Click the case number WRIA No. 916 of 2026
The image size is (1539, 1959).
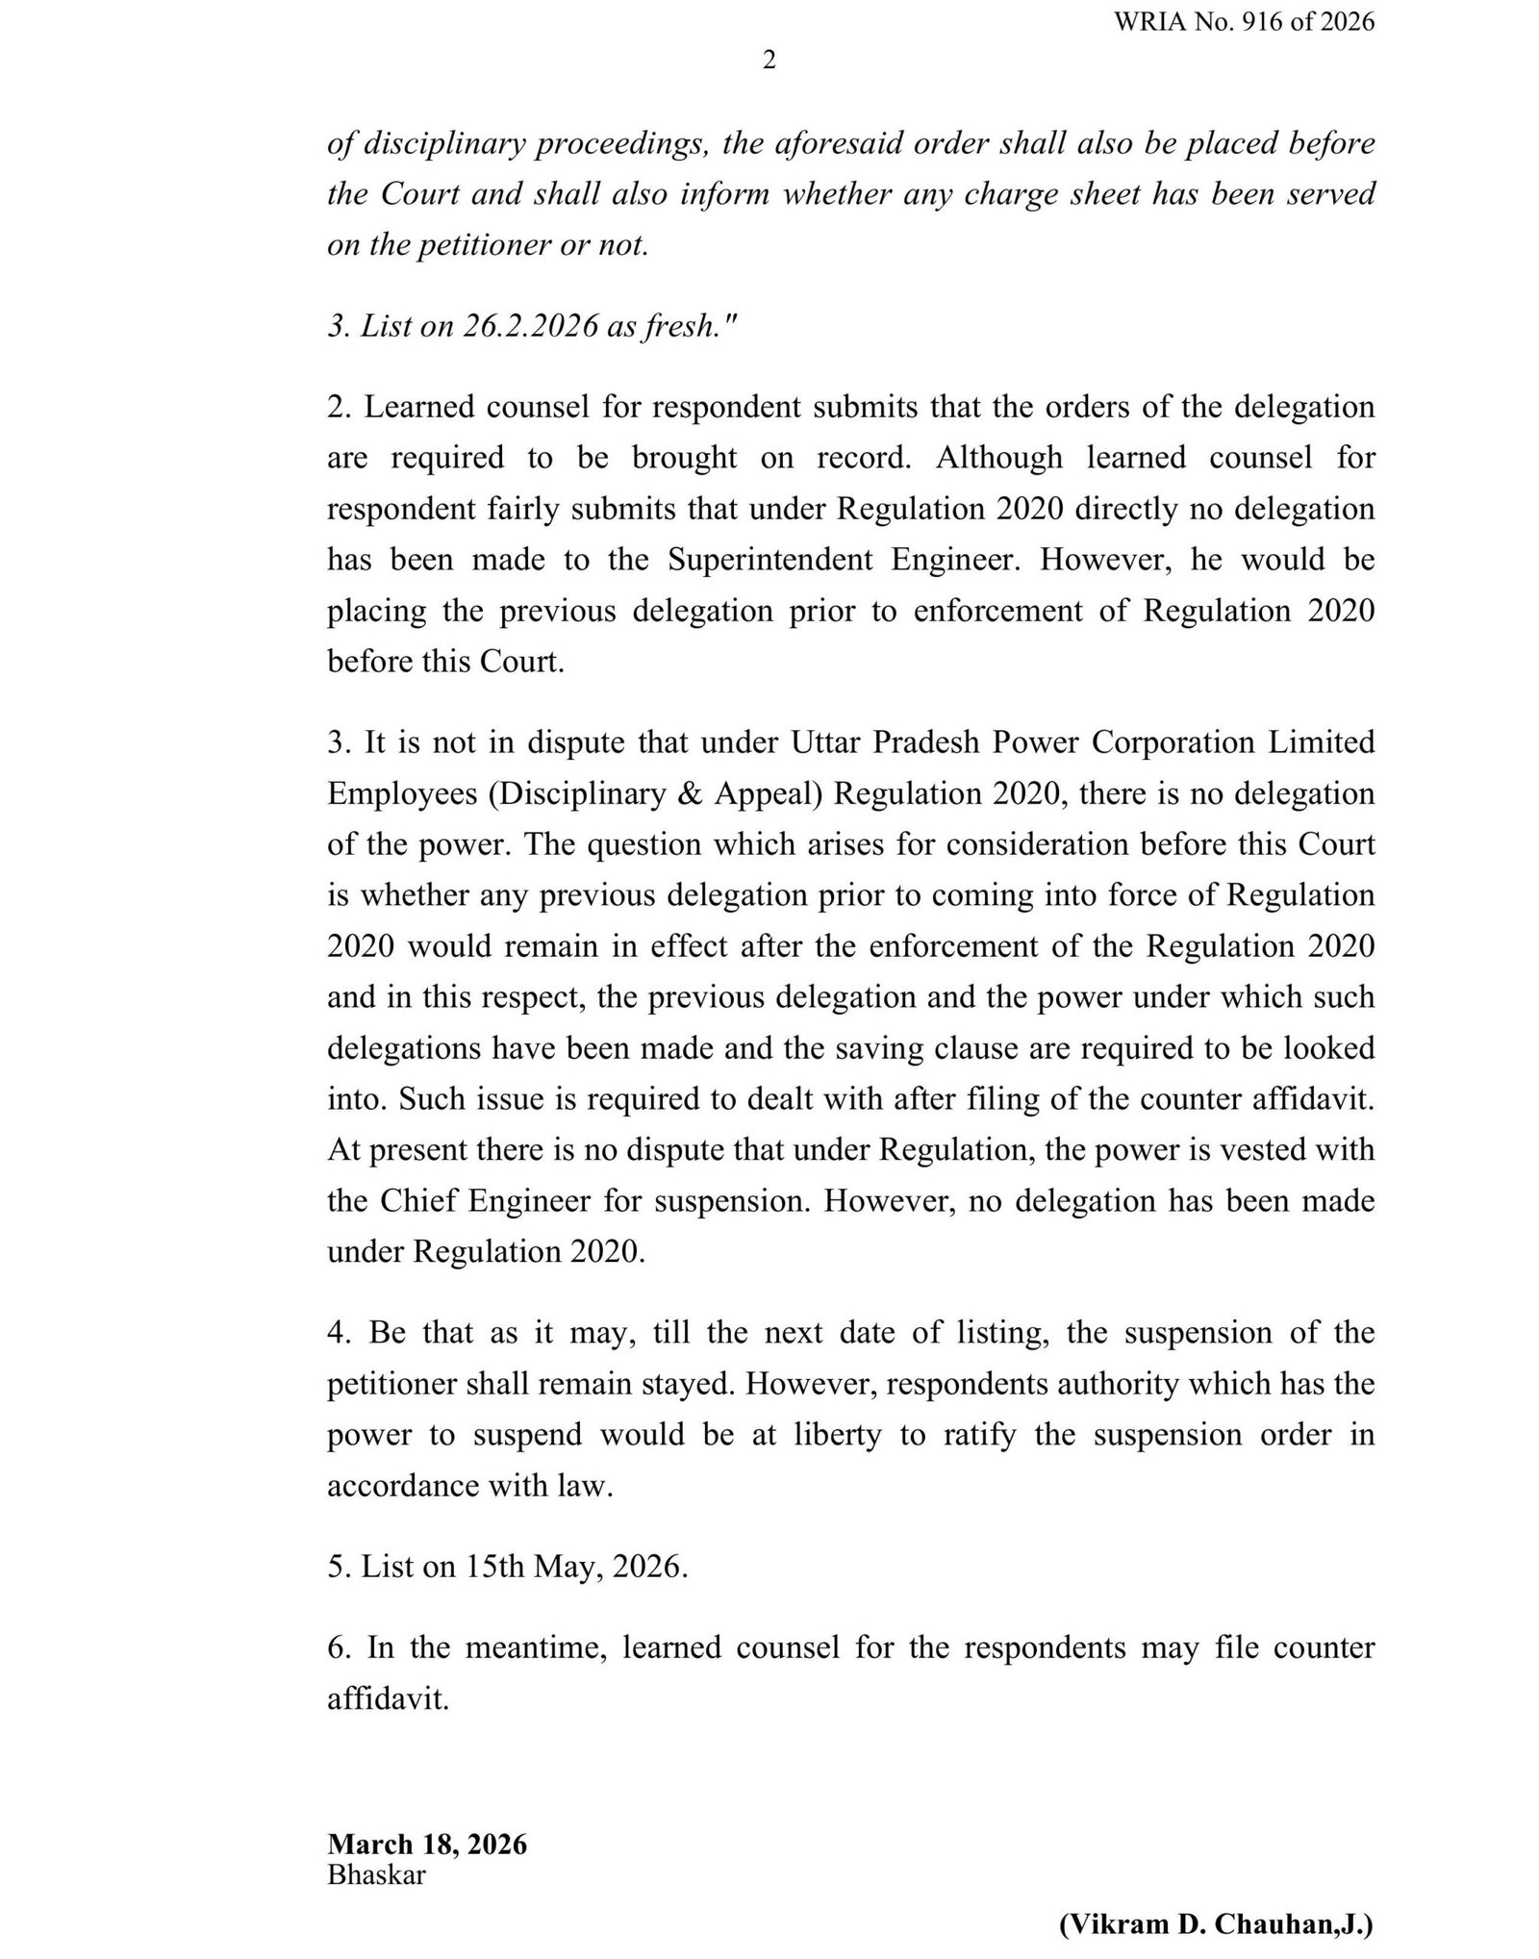point(1244,22)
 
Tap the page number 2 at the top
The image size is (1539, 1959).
point(769,61)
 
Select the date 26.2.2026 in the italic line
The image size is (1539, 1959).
point(530,326)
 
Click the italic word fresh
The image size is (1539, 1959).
point(679,326)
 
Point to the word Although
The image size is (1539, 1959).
point(999,458)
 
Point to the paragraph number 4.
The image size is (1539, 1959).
point(337,1333)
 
